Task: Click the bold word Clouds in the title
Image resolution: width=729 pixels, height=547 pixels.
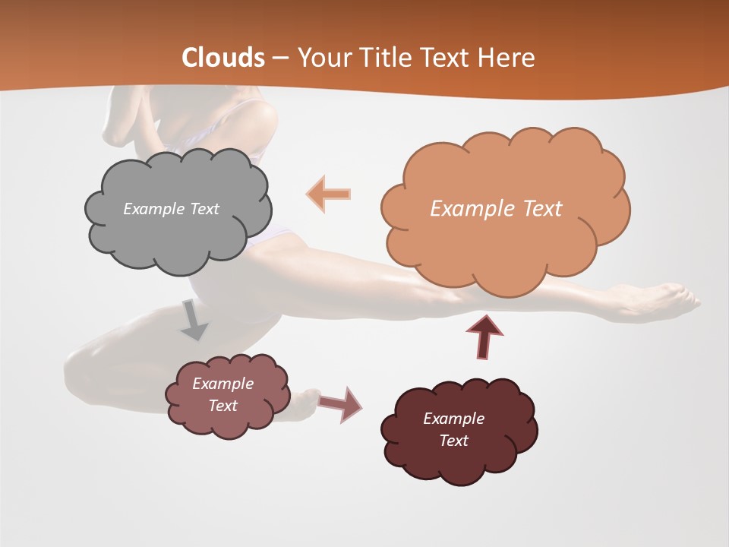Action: (223, 58)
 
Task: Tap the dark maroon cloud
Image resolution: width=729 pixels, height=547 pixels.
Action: (459, 456)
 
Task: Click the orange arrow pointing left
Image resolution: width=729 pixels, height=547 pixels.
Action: (328, 194)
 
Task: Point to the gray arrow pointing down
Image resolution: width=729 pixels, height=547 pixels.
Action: (194, 319)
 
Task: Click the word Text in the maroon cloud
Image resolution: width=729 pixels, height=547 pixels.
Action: (453, 441)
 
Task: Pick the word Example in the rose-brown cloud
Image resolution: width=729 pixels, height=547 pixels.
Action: (223, 384)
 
